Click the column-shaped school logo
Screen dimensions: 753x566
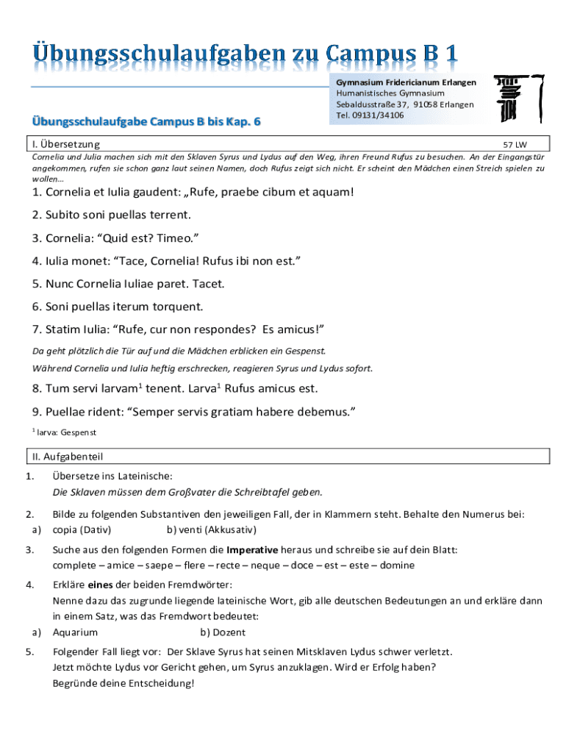pyautogui.click(x=518, y=97)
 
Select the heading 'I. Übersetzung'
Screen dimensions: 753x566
pyautogui.click(x=66, y=145)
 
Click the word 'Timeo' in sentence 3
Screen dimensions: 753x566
pyautogui.click(x=175, y=238)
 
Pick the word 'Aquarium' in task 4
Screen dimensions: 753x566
pyautogui.click(x=75, y=632)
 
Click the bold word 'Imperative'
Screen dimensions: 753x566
pyautogui.click(x=251, y=550)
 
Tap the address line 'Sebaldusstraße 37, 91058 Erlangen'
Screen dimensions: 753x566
pyautogui.click(x=405, y=104)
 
